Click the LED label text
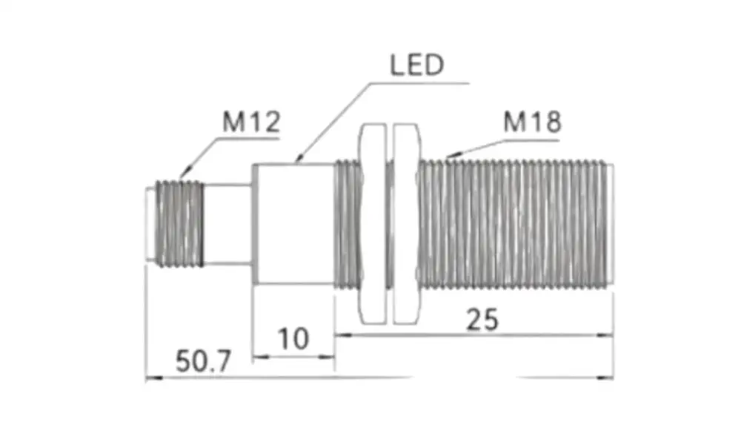(416, 65)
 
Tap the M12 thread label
(251, 122)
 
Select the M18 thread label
(532, 122)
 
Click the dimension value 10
(293, 339)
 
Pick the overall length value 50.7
(203, 361)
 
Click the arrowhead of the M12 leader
(185, 172)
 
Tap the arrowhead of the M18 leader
(452, 154)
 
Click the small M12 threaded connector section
(179, 223)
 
